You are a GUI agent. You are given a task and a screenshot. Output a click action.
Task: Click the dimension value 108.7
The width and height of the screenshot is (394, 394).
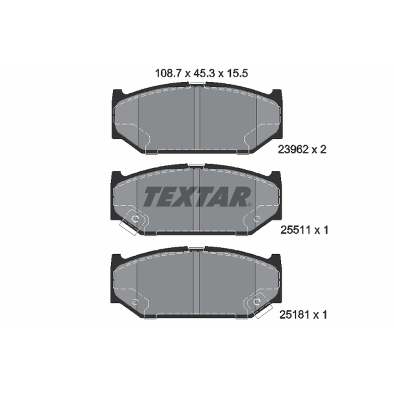pos(168,73)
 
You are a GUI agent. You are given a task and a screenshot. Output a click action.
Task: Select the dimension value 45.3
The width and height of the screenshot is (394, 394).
pos(204,73)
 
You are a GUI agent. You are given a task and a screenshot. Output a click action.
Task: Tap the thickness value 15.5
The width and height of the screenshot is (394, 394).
pos(237,73)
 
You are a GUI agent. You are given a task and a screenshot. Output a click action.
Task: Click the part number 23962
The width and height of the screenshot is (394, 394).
pos(293,150)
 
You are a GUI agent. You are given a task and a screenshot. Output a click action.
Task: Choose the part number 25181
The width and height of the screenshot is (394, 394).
pos(294,315)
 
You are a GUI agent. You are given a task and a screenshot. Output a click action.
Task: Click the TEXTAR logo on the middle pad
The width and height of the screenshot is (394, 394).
pos(197,197)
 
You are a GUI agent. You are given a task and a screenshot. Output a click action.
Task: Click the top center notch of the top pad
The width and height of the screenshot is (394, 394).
pos(197,84)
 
